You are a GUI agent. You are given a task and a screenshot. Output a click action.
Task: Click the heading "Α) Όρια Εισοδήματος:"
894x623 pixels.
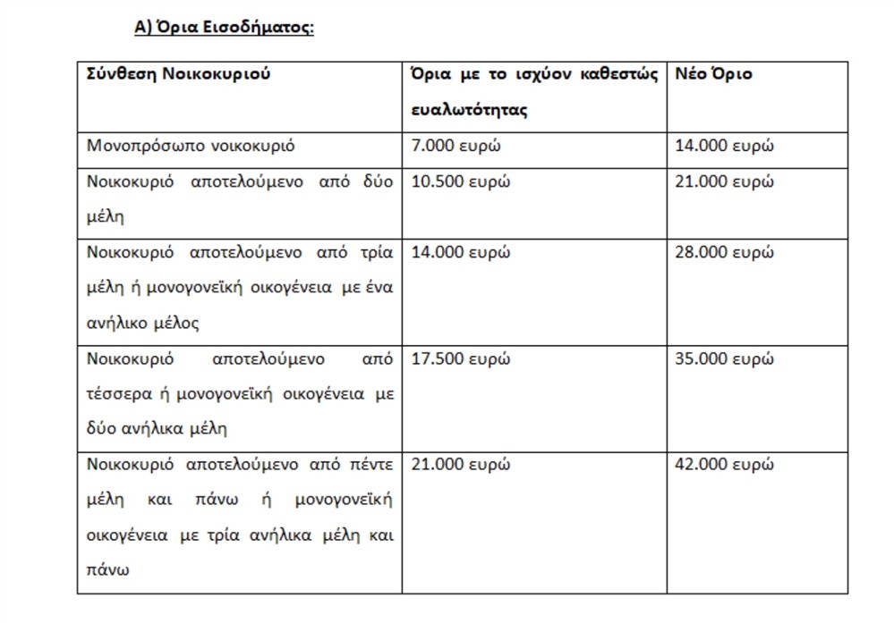pyautogui.click(x=224, y=27)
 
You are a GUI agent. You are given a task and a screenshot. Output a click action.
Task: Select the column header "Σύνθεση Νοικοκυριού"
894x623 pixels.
pyautogui.click(x=178, y=74)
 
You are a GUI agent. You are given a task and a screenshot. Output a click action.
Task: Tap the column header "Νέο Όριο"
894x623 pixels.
pyautogui.click(x=713, y=74)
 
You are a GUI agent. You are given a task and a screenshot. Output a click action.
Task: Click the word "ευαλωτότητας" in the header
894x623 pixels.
pyautogui.click(x=470, y=111)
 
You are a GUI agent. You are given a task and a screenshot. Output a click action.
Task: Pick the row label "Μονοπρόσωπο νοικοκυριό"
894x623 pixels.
pyautogui.click(x=191, y=146)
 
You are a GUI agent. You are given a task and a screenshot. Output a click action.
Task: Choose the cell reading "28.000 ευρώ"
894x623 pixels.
pyautogui.click(x=724, y=252)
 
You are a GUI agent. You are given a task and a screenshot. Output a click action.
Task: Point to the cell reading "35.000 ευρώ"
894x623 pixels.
pyautogui.click(x=724, y=359)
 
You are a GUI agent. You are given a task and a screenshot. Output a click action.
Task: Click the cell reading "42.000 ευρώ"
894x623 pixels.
pyautogui.click(x=724, y=465)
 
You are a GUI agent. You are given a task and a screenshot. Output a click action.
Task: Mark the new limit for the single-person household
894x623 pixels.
pyautogui.click(x=724, y=146)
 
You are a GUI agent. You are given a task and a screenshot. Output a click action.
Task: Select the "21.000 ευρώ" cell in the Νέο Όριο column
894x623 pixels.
pyautogui.click(x=724, y=181)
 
